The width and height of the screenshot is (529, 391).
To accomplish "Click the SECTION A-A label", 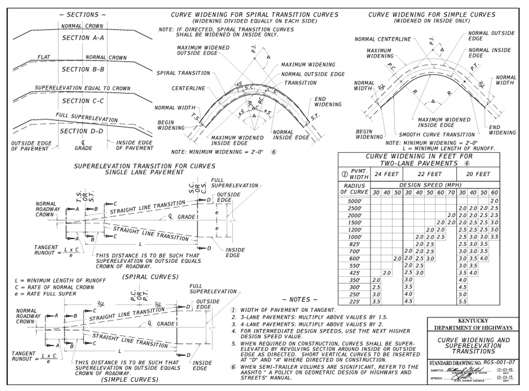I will coord(83,38).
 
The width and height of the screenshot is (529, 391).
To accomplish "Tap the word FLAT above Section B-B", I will coord(44,57).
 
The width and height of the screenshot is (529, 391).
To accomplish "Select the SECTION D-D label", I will coord(82,131).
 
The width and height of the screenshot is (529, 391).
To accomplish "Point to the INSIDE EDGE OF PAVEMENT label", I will coord(135,146).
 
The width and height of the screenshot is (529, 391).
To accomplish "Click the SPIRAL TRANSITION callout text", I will coord(183,73).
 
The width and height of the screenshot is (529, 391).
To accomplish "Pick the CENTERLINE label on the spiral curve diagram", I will coord(188,88).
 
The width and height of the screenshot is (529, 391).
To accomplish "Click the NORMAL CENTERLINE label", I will coord(383,39).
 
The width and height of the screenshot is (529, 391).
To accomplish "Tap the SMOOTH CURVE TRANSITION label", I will coord(437,134).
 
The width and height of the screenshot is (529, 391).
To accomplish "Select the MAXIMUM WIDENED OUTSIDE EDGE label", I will coord(203,50).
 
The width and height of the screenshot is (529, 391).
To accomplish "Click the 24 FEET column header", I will coord(386,174).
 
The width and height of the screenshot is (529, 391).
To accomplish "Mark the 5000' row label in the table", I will coord(355,201).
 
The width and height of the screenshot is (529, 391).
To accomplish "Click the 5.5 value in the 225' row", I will coord(462,302).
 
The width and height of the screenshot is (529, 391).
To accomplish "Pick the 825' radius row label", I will coord(355,244).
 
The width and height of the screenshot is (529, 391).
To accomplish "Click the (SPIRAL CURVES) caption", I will coord(150,277).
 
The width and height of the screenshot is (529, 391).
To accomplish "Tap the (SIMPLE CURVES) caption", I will coord(130,379).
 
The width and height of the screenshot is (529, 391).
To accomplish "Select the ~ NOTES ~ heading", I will coord(300,300).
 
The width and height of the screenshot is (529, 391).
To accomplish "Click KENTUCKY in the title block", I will coord(473,321).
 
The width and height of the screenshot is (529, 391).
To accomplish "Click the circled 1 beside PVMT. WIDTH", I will coord(344,174).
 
